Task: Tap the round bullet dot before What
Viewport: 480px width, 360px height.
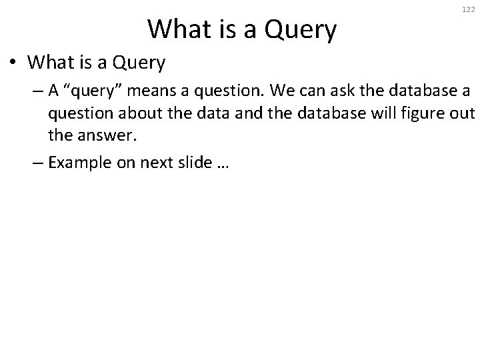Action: click(14, 64)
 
